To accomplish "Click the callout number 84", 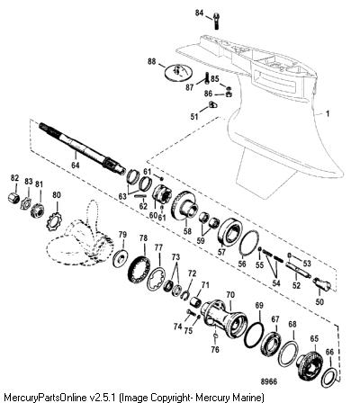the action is click(x=199, y=13).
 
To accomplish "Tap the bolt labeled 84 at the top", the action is click(x=216, y=22).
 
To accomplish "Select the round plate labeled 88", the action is click(x=178, y=72).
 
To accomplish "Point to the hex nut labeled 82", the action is click(x=13, y=198).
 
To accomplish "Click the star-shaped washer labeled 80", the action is click(x=54, y=221).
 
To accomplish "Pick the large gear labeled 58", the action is click(x=184, y=208).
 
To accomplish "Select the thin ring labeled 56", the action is click(x=249, y=244).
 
